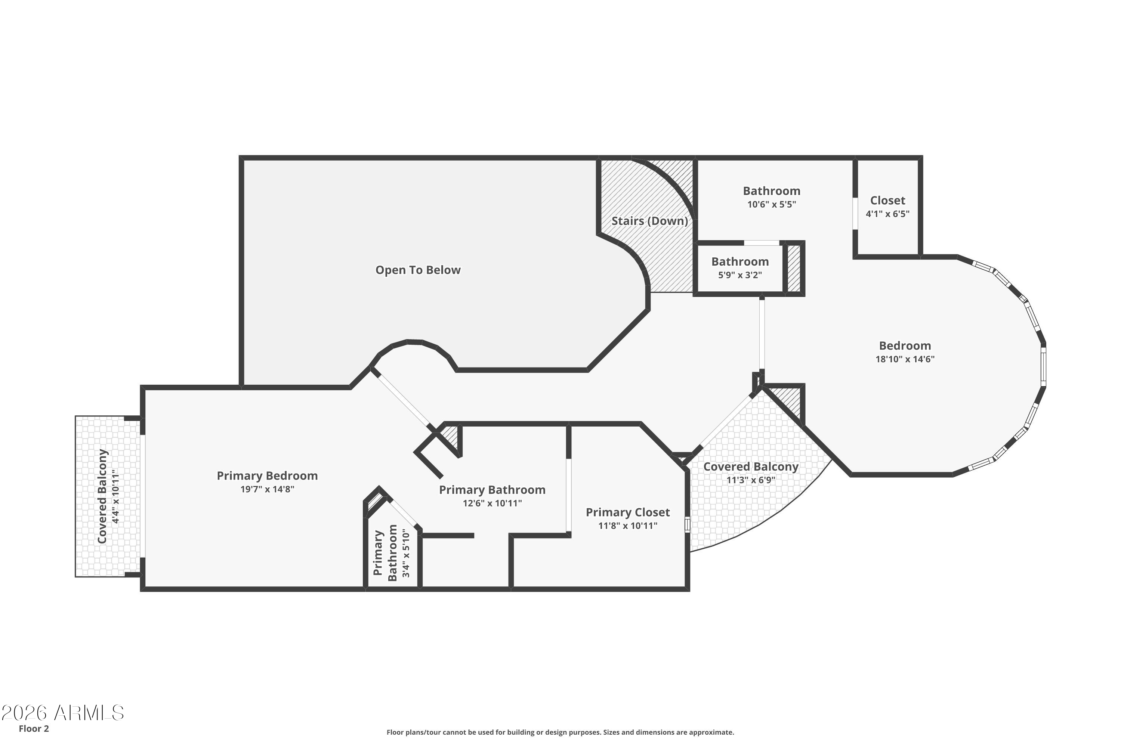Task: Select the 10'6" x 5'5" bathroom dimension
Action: pyautogui.click(x=771, y=205)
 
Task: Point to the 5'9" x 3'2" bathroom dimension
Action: pyautogui.click(x=740, y=275)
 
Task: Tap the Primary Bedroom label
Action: pyautogui.click(x=267, y=475)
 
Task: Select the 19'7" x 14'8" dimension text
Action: pyautogui.click(x=267, y=489)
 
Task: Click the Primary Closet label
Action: pyautogui.click(x=627, y=512)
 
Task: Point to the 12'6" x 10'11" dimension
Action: pyautogui.click(x=492, y=503)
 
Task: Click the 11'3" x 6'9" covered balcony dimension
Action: pyautogui.click(x=751, y=480)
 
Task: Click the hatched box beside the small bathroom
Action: pyautogui.click(x=794, y=268)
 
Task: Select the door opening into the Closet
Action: pyautogui.click(x=856, y=213)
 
